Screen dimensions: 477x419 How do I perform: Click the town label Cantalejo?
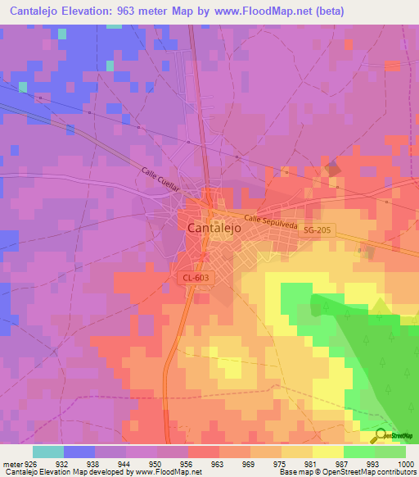click(214, 229)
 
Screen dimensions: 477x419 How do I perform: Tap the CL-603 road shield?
click(196, 279)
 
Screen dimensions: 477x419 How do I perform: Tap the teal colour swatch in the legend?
click(47, 452)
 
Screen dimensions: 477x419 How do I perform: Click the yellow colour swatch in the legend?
click(327, 452)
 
